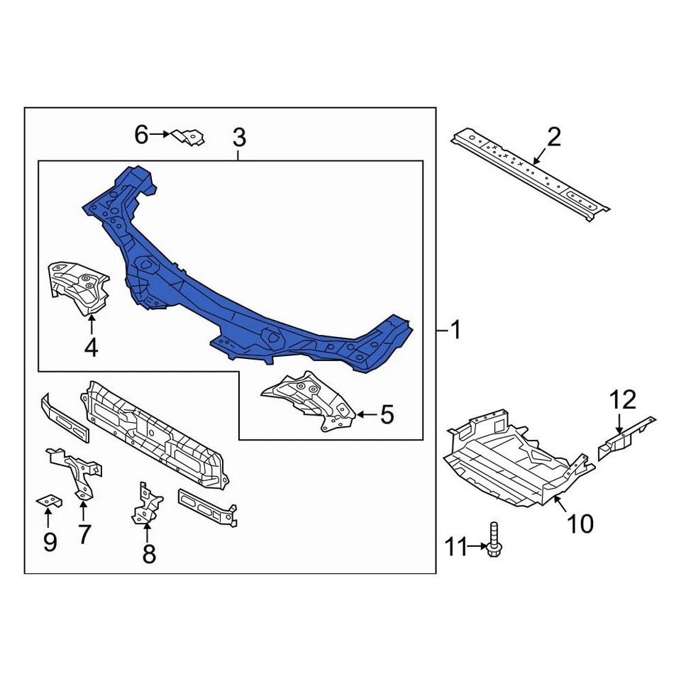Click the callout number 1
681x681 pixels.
[455, 330]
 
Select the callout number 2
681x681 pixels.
[553, 136]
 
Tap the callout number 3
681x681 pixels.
[239, 136]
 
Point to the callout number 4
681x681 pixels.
[91, 348]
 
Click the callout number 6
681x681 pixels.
[142, 134]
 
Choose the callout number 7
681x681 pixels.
[84, 533]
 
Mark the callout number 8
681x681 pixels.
[148, 553]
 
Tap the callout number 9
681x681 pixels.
[49, 542]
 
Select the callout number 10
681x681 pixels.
[580, 524]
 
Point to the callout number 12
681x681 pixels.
[624, 400]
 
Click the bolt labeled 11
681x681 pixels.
[494, 540]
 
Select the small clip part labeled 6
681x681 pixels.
[188, 136]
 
